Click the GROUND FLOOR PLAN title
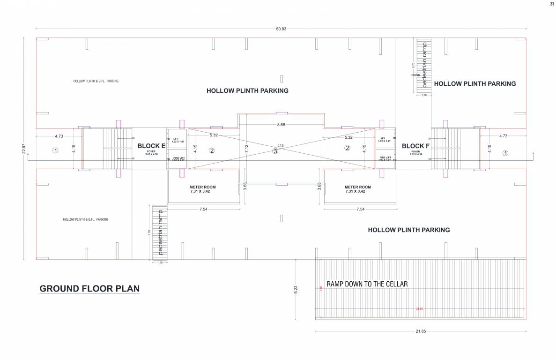pos(89,288)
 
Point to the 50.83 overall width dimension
pos(281,29)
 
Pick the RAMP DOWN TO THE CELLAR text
pos(367,284)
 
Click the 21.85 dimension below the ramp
pos(421,331)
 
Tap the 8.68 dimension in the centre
pos(281,125)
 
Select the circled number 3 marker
pos(275,151)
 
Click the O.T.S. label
pos(281,145)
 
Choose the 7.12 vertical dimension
pos(246,149)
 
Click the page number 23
pos(552,4)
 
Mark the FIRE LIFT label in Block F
pos(385,158)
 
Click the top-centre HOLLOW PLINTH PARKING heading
pos(247,90)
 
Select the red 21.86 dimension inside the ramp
pos(420,308)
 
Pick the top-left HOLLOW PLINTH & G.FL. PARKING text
pos(96,81)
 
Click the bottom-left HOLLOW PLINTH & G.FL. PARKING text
pos(86,219)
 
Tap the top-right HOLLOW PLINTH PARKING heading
pos(474,83)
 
